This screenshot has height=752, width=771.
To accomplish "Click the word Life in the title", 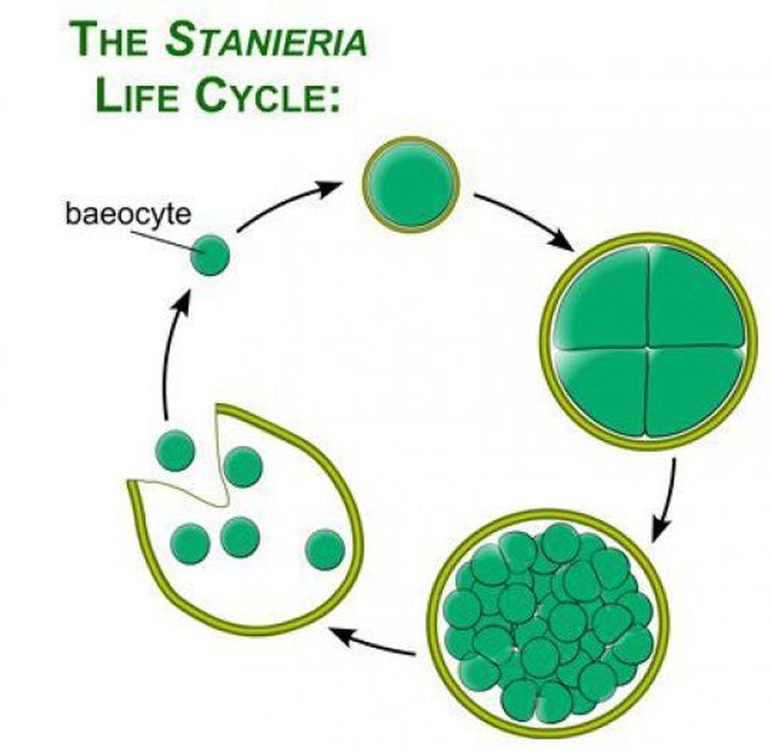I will click(x=135, y=98).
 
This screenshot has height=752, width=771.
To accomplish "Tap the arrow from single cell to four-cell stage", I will click(x=523, y=221).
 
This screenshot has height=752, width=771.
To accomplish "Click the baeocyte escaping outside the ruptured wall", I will click(x=175, y=451).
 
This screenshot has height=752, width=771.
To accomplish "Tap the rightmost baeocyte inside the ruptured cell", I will click(x=324, y=548).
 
